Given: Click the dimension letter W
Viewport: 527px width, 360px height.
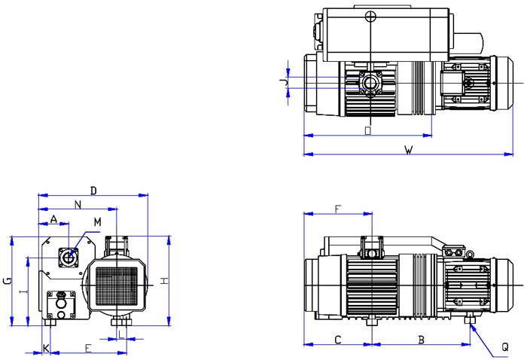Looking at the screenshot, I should point(407,150).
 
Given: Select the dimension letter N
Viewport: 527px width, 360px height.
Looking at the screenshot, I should point(78,204).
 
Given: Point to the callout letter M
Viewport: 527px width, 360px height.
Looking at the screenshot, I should point(97,221).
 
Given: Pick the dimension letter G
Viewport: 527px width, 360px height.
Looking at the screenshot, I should point(7,281).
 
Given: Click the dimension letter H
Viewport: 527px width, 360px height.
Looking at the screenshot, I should point(163,280).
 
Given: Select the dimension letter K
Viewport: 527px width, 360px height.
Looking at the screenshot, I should point(46,348).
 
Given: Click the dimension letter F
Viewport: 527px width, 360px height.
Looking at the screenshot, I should point(337,207).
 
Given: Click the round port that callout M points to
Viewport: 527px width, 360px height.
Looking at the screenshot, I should point(69,257).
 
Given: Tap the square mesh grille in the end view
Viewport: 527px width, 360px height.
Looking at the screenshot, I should point(117,284).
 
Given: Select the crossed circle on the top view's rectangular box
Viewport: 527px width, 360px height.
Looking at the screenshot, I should point(369,17).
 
